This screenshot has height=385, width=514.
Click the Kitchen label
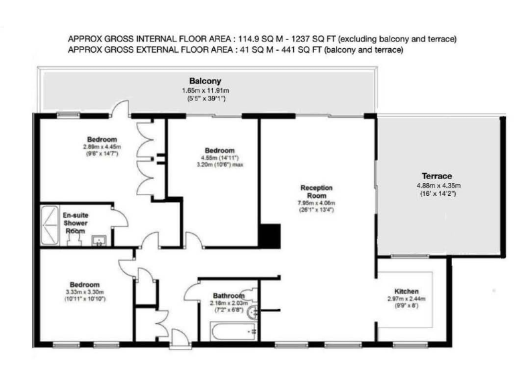pyautogui.click(x=406, y=291)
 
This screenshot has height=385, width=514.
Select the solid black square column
pyautogui.click(x=269, y=235)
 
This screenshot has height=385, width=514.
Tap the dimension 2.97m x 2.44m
pyautogui.click(x=406, y=299)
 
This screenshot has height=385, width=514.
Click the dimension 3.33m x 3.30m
pyautogui.click(x=85, y=291)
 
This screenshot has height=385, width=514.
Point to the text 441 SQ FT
pyautogui.click(x=299, y=49)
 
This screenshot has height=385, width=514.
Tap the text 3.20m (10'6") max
pyautogui.click(x=220, y=164)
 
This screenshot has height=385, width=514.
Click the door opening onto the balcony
pyautogui.click(x=121, y=108)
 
